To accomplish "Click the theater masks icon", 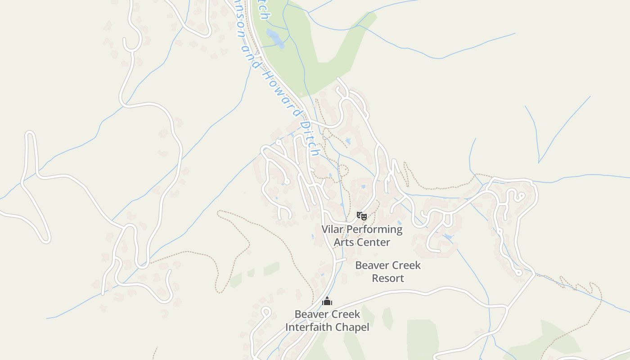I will pos(361,216).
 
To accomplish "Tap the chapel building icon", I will pos(327,301).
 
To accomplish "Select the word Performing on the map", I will pos(374,229).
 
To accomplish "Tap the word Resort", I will pos(388,278).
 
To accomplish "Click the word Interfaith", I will pos(312,327).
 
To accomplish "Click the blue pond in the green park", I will pos(275,38).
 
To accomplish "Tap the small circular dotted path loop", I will pos(343,171).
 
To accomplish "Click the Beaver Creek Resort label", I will pos(388,271).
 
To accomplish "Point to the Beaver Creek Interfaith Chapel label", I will pos(327,320).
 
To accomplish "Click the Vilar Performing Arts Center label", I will pos(362,235).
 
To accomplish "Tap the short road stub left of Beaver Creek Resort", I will pos(340,260).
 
